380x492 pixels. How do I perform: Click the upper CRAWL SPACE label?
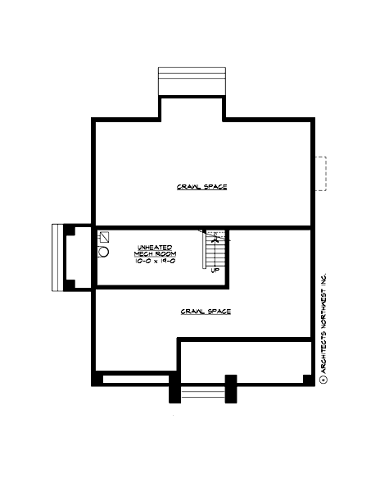tap(201, 187)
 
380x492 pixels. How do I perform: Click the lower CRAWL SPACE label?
tap(205, 312)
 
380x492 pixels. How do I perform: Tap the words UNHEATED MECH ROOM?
tap(156, 250)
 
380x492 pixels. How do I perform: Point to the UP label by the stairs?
tap(215, 270)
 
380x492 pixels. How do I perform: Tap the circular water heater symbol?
tap(103, 253)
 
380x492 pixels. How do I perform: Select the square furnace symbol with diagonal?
tap(103, 237)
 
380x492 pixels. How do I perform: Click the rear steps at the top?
tap(191, 82)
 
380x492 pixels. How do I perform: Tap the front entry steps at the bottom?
tap(201, 394)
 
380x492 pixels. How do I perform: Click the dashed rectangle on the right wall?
tap(320, 174)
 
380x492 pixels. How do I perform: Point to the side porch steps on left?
tap(57, 257)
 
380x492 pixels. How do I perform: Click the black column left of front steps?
tap(174, 389)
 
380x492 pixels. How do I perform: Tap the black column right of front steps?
tap(230, 389)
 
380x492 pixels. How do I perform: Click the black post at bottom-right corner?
tap(307, 379)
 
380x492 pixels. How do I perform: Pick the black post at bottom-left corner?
tap(97, 380)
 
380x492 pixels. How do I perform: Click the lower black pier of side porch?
tap(71, 285)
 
